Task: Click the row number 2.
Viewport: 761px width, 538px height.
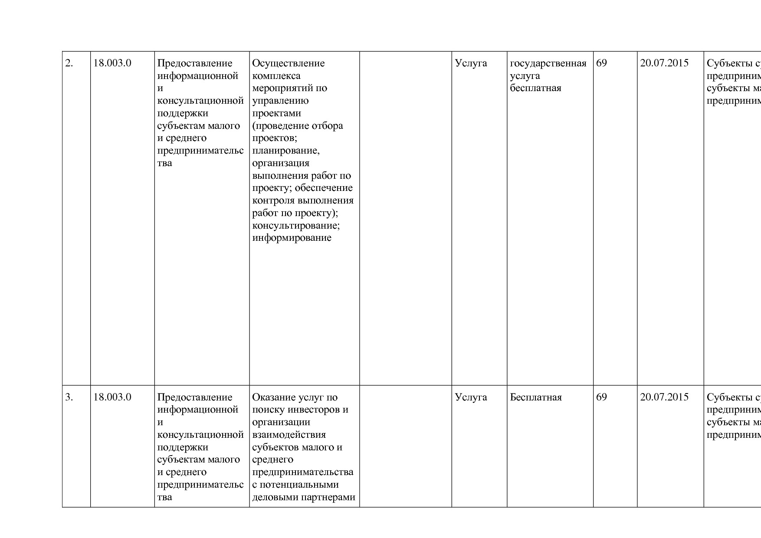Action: (69, 63)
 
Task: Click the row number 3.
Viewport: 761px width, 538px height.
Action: (69, 397)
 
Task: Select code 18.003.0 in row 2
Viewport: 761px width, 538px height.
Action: (112, 63)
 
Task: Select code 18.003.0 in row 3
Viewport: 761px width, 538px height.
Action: (112, 397)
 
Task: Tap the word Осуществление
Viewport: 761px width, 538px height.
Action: (289, 63)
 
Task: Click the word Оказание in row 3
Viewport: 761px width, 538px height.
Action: (274, 397)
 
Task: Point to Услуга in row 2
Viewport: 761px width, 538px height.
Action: (471, 63)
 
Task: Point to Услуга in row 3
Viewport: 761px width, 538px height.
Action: (471, 397)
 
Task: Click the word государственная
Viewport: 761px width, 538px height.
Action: (548, 64)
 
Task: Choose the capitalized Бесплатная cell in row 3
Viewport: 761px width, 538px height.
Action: (536, 397)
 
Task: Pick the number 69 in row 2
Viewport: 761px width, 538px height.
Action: (602, 63)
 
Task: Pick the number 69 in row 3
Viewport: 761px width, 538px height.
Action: (602, 397)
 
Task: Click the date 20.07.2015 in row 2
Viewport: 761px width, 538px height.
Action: (664, 63)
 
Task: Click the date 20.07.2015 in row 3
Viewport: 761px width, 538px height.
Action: (664, 397)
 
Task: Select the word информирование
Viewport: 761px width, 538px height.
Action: (292, 238)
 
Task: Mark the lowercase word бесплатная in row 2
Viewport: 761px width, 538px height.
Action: (535, 89)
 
